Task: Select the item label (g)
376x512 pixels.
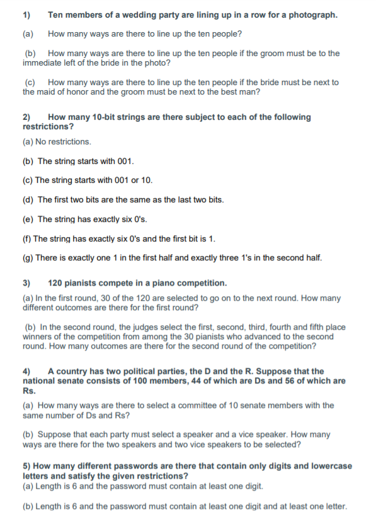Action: [x=28, y=257]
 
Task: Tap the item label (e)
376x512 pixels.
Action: [x=28, y=219]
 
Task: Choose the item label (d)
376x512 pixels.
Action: [x=28, y=199]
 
